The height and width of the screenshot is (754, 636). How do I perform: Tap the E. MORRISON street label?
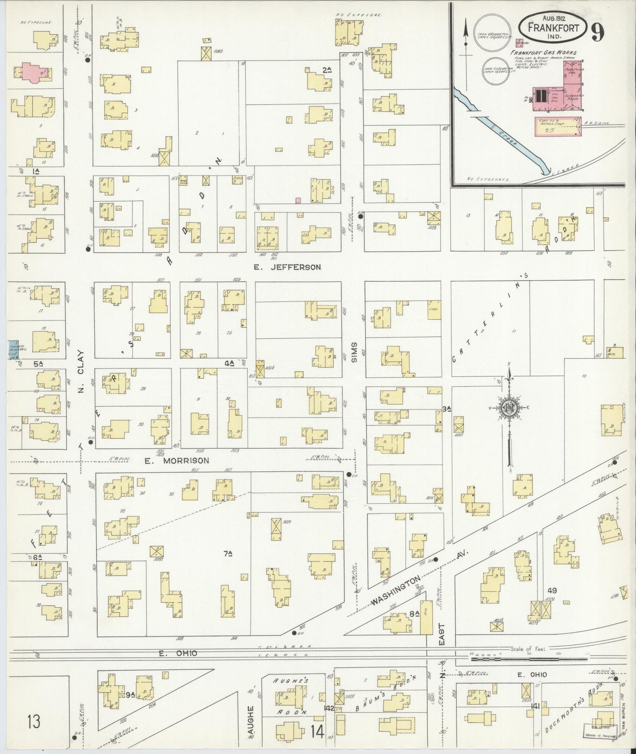pos(176,461)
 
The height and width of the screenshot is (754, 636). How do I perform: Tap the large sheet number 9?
pos(597,32)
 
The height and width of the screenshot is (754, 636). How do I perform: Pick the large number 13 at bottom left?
pos(33,721)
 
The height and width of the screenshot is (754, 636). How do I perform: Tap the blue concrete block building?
pos(13,350)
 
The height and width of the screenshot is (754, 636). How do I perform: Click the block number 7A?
pos(228,555)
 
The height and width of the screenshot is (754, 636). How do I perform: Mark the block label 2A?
pos(326,70)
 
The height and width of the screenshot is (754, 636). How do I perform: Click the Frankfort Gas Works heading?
pos(543,53)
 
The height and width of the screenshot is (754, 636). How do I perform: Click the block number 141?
pos(536,706)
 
